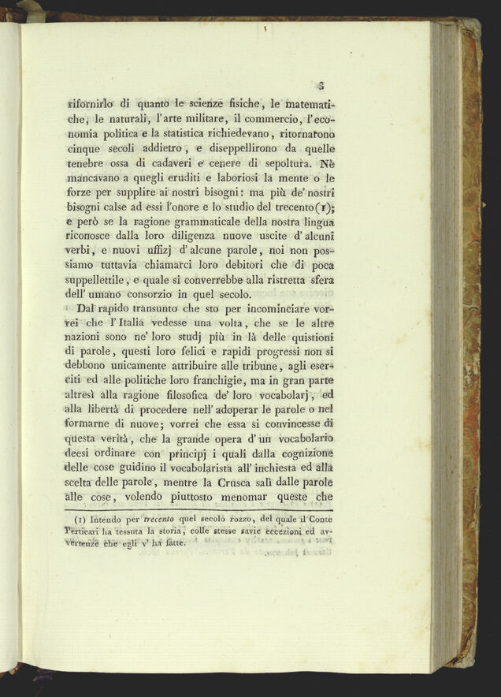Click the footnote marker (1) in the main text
[x=323, y=208]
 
